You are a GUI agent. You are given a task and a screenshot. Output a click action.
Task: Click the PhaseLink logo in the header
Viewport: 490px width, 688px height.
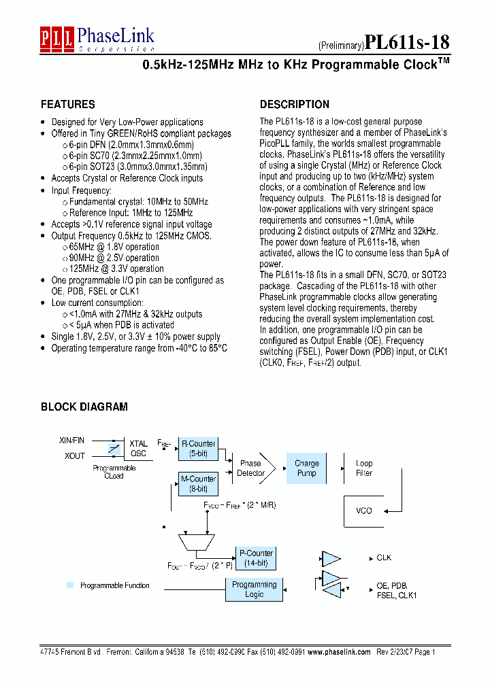[x=97, y=39]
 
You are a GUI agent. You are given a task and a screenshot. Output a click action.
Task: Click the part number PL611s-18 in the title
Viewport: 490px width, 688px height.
[x=407, y=42]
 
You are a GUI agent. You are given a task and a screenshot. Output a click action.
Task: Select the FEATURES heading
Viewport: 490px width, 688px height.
[x=68, y=105]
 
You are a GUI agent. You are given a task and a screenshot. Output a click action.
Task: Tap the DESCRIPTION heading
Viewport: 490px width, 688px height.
[x=295, y=105]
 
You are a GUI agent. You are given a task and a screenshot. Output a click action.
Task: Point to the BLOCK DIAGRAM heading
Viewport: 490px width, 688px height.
[x=84, y=407]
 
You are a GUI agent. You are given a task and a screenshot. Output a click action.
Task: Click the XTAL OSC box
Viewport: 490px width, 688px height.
[x=138, y=449]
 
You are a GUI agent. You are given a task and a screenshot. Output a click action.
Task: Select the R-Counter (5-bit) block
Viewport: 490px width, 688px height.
[x=198, y=449]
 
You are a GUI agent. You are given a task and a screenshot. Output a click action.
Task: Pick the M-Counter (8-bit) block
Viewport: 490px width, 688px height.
[x=198, y=483]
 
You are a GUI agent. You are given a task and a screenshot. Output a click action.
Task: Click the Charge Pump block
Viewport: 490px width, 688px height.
[x=306, y=468]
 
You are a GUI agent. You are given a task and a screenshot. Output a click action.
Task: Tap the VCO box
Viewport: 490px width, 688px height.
[x=364, y=511]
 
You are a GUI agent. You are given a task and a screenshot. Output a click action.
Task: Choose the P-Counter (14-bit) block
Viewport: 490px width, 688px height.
[x=255, y=558]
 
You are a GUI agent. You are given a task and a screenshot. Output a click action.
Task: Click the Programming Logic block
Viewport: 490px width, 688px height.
[x=254, y=589]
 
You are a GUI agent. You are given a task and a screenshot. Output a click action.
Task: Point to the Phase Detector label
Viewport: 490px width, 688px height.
[x=251, y=468]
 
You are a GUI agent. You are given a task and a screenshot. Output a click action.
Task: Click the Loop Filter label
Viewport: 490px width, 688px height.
[x=364, y=468]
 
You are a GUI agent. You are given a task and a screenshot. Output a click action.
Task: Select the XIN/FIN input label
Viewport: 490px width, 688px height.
[x=72, y=441]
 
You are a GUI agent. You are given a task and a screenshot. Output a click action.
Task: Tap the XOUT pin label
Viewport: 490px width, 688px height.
[x=75, y=456]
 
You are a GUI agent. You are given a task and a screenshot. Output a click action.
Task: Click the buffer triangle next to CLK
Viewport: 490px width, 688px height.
[x=330, y=558]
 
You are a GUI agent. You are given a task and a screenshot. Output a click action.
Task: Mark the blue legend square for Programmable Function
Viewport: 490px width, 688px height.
[x=69, y=585]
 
